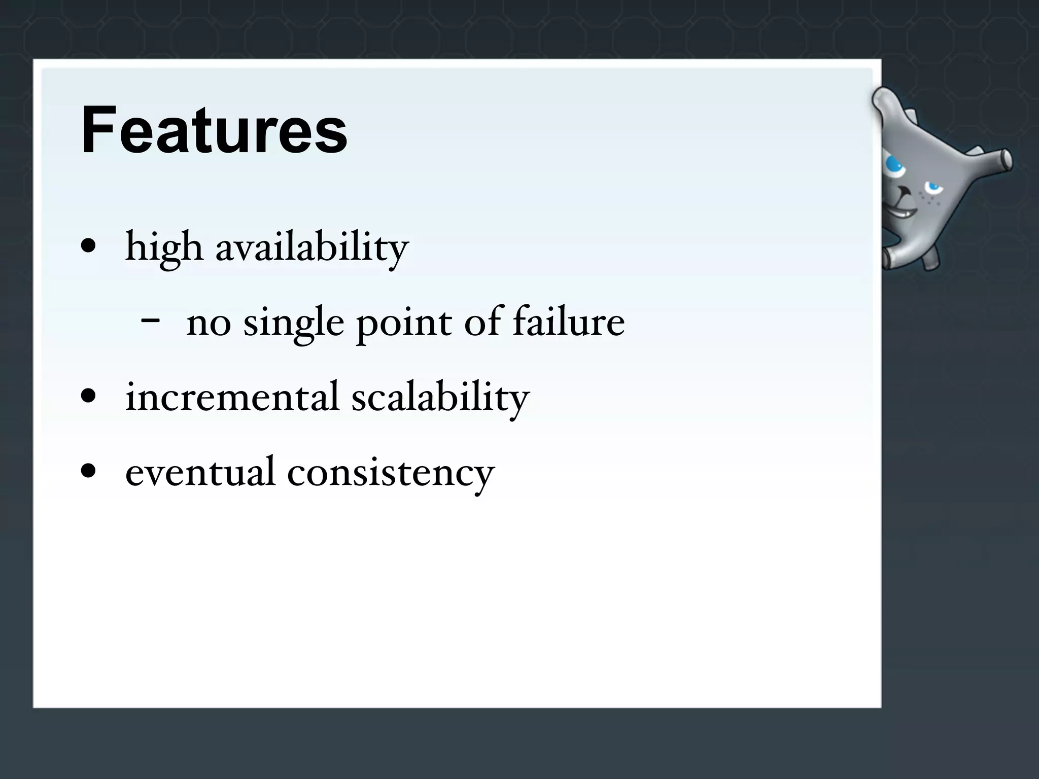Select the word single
(294, 323)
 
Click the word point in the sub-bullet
(404, 323)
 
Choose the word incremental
(232, 397)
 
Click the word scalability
(440, 397)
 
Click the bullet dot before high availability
(88, 246)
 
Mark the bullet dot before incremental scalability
(88, 396)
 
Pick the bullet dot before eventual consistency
(88, 470)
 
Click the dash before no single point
(151, 321)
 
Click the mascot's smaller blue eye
(932, 188)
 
